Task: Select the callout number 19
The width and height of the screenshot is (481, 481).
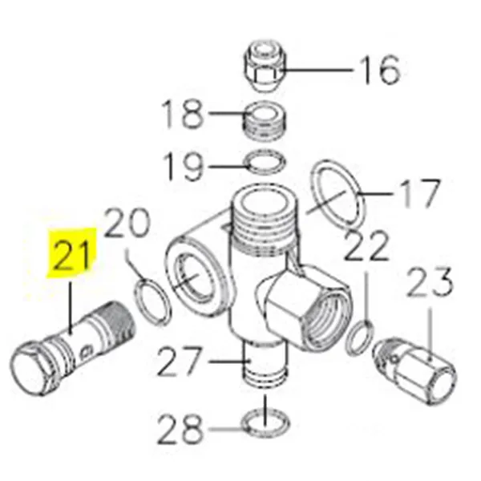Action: tap(185, 166)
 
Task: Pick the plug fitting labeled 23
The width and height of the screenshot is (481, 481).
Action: tap(419, 369)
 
